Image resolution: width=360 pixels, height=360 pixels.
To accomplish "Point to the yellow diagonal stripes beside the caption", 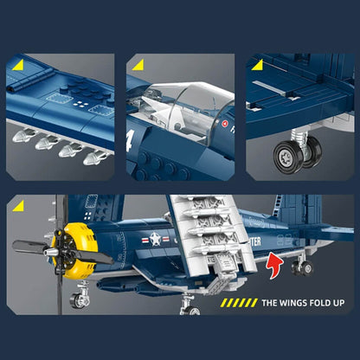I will pyautogui.click(x=238, y=303).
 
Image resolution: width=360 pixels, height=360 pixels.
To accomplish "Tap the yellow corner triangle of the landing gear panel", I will pyautogui.click(x=257, y=65).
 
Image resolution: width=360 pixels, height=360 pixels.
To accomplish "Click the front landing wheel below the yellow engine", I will pyautogui.click(x=80, y=300).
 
